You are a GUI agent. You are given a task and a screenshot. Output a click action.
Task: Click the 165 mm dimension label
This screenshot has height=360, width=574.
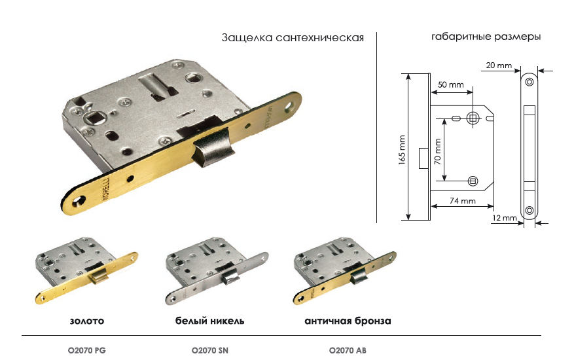tap(402, 150)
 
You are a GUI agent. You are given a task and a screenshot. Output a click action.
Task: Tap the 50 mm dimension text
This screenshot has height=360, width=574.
tap(451, 85)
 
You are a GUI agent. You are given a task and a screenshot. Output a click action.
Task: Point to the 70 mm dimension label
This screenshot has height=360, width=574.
tap(438, 151)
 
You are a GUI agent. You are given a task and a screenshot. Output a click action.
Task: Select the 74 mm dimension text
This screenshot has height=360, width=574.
tap(463, 201)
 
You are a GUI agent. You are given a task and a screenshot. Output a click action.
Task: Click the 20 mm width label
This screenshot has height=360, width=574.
tap(499, 65)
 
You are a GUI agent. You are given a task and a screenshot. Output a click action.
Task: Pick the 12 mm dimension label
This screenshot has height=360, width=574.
tap(505, 218)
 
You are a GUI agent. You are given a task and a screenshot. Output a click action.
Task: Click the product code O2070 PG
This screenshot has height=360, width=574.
tap(87, 350)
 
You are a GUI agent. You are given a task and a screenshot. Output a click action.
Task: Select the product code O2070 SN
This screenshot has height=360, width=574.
tap(210, 350)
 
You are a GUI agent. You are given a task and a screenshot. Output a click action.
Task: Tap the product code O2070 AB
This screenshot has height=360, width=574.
tap(348, 350)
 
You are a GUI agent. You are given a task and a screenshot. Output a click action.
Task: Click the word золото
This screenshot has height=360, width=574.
tap(87, 321)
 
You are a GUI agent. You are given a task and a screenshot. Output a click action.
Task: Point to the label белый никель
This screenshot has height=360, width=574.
tap(209, 321)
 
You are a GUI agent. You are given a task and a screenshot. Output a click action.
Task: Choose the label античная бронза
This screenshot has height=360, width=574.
tap(348, 321)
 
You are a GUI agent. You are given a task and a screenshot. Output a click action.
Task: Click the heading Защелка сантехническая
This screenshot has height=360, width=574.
tap(293, 38)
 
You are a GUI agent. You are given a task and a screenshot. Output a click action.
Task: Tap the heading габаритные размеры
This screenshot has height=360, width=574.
tap(486, 37)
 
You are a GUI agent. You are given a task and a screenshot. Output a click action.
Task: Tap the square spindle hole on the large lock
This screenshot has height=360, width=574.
tap(94, 118)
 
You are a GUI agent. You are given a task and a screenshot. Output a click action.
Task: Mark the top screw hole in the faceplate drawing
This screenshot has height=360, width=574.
tap(529, 82)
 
